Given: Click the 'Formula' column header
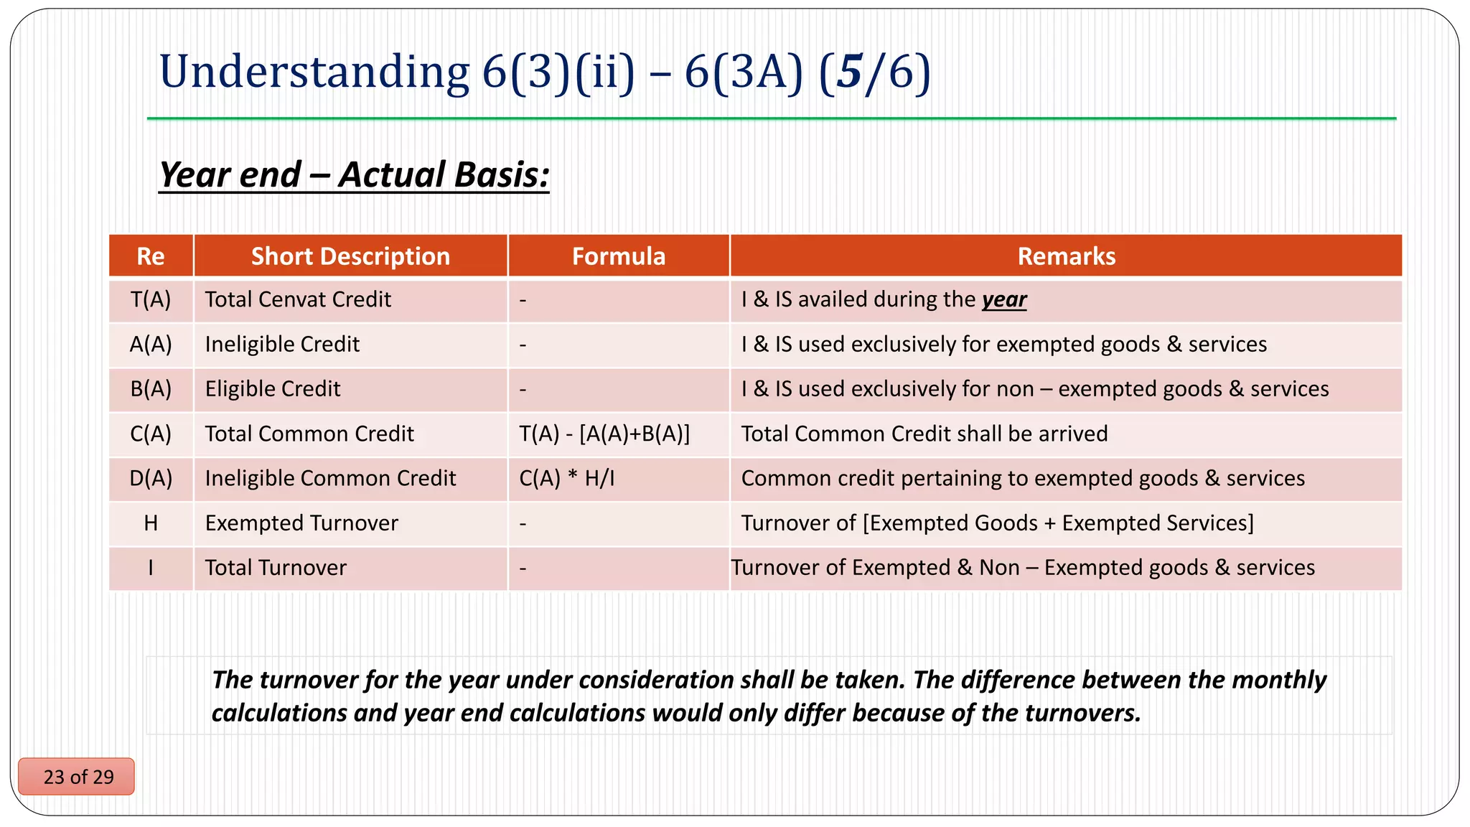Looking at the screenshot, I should pyautogui.click(x=619, y=256).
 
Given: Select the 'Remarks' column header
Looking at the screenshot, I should pyautogui.click(x=1066, y=256).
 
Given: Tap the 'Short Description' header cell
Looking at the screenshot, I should pyautogui.click(x=350, y=256).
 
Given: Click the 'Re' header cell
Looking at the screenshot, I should pyautogui.click(x=151, y=256).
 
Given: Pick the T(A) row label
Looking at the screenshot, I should pyautogui.click(x=151, y=299).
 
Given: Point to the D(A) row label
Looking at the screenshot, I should pyautogui.click(x=151, y=478).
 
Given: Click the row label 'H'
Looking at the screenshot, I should pyautogui.click(x=151, y=523).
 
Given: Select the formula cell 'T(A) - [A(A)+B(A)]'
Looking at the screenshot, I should pyautogui.click(x=604, y=434).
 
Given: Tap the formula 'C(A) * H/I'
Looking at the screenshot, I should pyautogui.click(x=567, y=478).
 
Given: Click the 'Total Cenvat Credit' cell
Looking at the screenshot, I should pyautogui.click(x=298, y=299).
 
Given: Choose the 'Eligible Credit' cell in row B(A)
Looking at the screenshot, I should pyautogui.click(x=273, y=389).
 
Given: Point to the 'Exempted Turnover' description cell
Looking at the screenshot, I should pyautogui.click(x=301, y=523).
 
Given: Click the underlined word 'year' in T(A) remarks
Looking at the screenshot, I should pyautogui.click(x=1004, y=299).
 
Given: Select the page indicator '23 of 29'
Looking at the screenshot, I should pyautogui.click(x=78, y=777).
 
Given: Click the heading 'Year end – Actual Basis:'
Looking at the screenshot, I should pyautogui.click(x=354, y=174).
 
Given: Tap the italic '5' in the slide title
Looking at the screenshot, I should pyautogui.click(x=848, y=72).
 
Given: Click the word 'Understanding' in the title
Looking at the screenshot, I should pyautogui.click(x=314, y=72).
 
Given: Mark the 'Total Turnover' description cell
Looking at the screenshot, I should pyautogui.click(x=276, y=568).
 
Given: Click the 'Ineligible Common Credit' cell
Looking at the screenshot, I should pyautogui.click(x=330, y=478).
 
